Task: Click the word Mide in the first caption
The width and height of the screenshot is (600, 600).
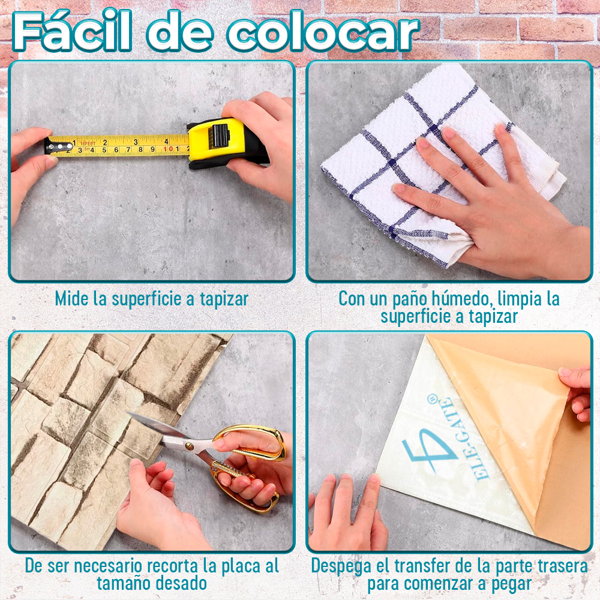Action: (72, 298)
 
